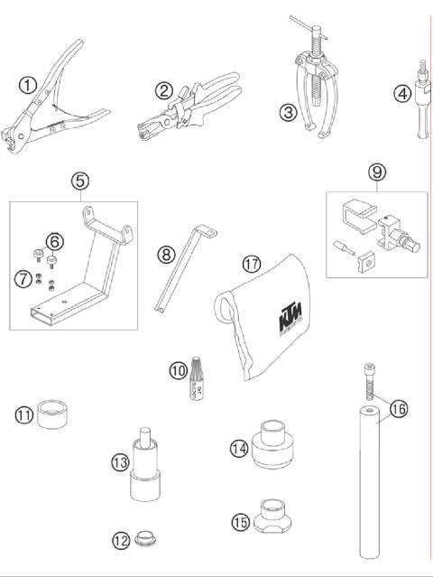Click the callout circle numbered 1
pos(28,87)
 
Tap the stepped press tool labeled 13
pos(145,470)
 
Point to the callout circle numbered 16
pos(399,408)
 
